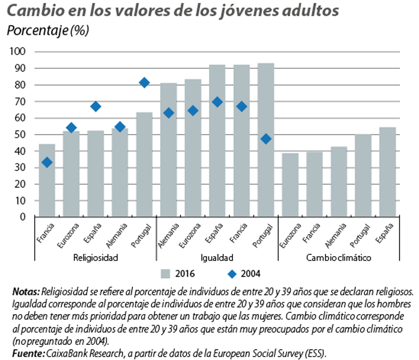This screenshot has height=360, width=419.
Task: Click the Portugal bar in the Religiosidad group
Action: pyautogui.click(x=144, y=164)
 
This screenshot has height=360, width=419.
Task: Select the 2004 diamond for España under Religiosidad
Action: pyautogui.click(x=96, y=107)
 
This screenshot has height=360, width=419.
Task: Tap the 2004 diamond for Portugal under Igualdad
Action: pyautogui.click(x=266, y=139)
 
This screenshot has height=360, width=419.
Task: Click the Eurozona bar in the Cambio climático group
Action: pyautogui.click(x=290, y=185)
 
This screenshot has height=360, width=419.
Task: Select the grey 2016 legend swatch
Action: pyautogui.click(x=166, y=274)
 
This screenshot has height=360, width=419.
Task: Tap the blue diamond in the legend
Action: pyautogui.click(x=232, y=274)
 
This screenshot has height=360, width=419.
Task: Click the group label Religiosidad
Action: pyautogui.click(x=95, y=258)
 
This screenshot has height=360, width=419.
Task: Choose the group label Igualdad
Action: pyautogui.click(x=217, y=258)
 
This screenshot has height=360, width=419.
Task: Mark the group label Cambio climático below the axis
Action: pyautogui.click(x=338, y=258)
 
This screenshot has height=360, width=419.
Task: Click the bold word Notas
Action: pyautogui.click(x=26, y=291)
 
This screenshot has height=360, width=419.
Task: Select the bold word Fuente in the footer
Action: pyautogui.click(x=28, y=353)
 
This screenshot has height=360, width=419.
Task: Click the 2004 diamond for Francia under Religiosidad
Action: pyautogui.click(x=47, y=162)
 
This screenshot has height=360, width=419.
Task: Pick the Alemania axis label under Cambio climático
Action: pyautogui.click(x=336, y=235)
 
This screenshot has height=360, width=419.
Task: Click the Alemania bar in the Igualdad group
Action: pyautogui.click(x=169, y=150)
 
